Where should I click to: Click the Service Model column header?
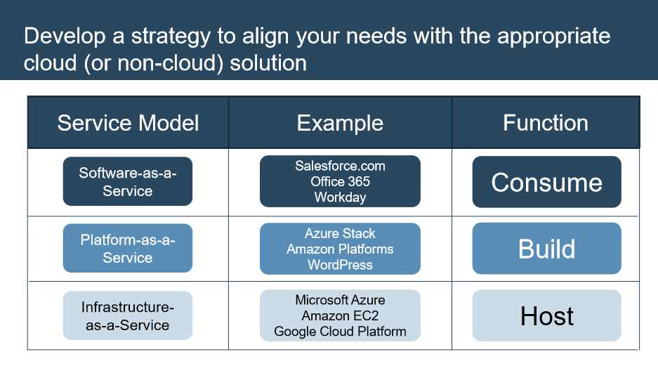point(128,122)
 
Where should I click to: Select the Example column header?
point(340,122)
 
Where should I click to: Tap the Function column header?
point(546,122)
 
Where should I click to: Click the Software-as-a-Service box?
point(128,181)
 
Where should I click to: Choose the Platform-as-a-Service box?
point(128,248)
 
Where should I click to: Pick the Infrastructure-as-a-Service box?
point(128,315)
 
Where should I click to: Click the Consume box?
point(547,182)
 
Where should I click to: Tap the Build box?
point(547,249)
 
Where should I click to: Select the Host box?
point(547,315)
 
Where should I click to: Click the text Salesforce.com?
point(340,166)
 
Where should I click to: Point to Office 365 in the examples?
point(340,181)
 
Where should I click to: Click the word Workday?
point(340,197)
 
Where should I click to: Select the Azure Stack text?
point(340,233)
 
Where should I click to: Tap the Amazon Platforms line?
point(340,249)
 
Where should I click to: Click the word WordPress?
point(340,265)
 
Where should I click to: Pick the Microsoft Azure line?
point(340,300)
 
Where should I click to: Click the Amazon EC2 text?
point(340,315)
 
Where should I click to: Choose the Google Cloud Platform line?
point(340,332)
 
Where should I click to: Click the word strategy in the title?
point(171,37)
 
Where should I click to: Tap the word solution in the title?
point(268,63)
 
